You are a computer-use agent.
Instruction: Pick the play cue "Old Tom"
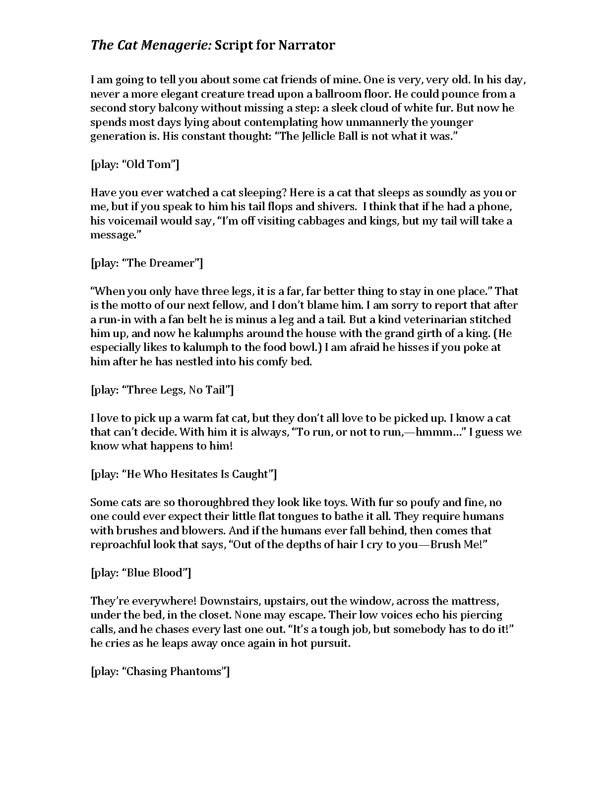[134, 165]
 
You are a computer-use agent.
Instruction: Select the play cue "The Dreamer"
[146, 263]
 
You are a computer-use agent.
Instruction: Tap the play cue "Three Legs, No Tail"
[162, 390]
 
